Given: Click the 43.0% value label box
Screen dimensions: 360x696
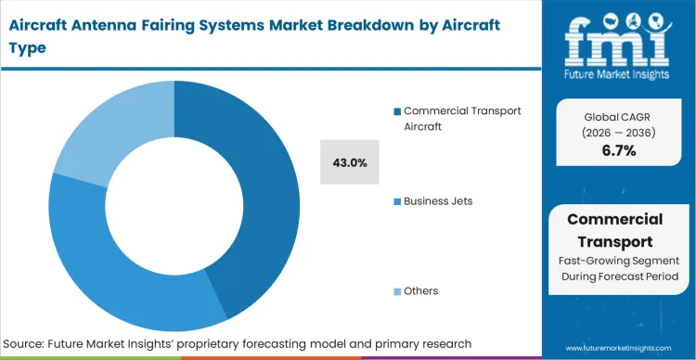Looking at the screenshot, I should tap(349, 162).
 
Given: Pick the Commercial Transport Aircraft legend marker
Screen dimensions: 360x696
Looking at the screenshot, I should tap(397, 111).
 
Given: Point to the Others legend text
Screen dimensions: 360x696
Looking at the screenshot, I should tap(421, 291).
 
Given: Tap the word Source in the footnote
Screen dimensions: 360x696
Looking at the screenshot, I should tap(28, 344).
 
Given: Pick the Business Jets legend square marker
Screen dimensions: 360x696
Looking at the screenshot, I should tap(397, 201).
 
